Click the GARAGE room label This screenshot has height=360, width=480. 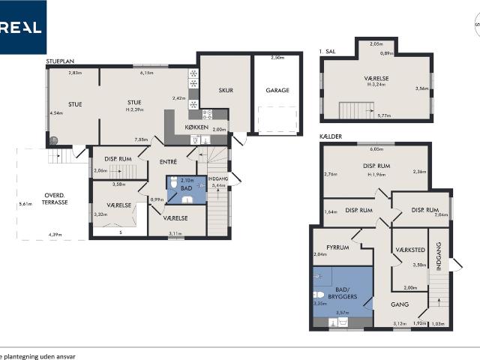[277, 90]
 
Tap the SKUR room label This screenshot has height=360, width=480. [226, 90]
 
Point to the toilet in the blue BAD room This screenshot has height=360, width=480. [174, 182]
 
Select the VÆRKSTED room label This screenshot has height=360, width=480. [410, 250]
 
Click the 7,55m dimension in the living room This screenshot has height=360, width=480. [140, 139]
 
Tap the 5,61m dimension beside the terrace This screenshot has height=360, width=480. [25, 204]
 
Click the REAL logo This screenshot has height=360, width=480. [22, 27]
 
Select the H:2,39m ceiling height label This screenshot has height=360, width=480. [134, 110]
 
